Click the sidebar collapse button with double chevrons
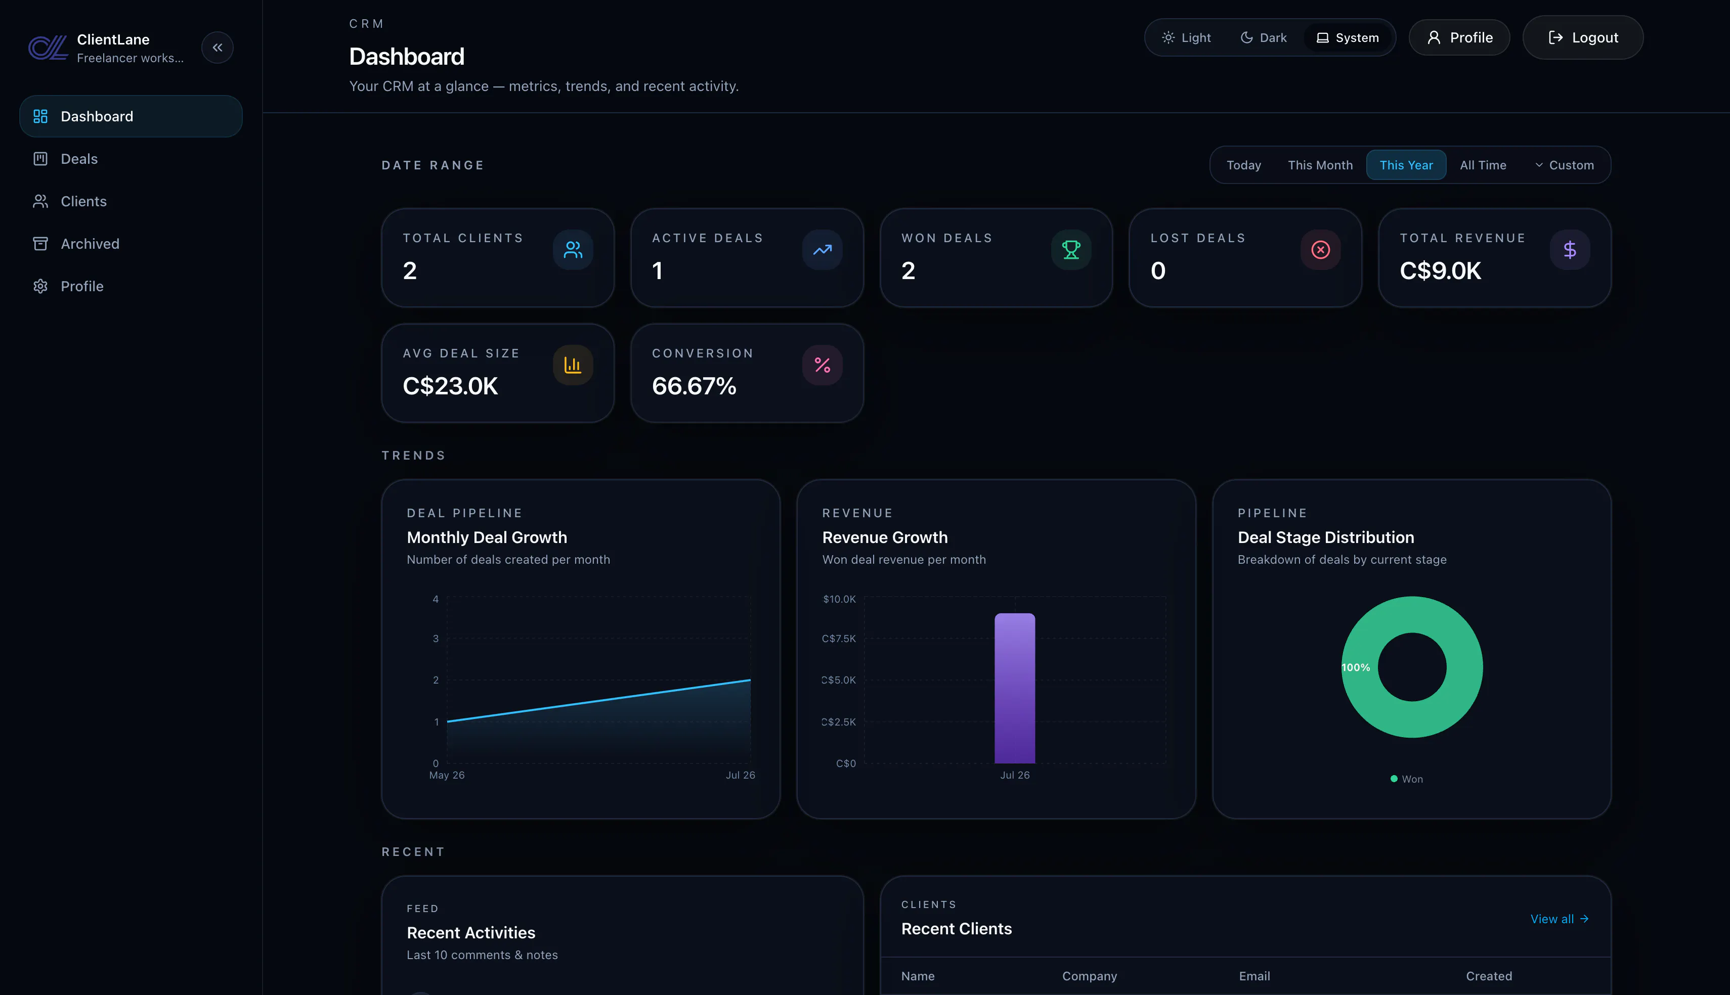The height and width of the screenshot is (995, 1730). (218, 48)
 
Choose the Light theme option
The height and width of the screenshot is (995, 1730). (1187, 37)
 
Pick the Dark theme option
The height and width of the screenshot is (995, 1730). (1264, 37)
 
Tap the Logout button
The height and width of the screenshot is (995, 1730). (1582, 37)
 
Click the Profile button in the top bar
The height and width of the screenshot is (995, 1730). (1459, 37)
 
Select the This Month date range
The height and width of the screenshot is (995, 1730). (1320, 165)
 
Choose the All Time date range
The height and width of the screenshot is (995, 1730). (1483, 165)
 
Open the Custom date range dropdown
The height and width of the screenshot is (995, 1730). (1564, 165)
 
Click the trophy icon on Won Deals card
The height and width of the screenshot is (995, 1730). (1071, 250)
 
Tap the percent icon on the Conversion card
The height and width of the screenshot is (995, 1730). (823, 366)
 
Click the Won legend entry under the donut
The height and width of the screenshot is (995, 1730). (1407, 779)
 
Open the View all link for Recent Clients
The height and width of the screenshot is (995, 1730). (1559, 919)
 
